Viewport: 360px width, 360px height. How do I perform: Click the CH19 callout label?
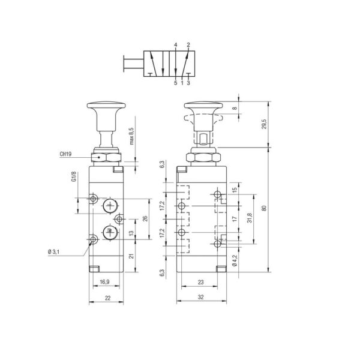coord(65,154)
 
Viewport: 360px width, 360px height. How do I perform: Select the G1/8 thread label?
coord(74,177)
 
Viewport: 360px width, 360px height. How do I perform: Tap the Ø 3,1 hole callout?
coord(54,252)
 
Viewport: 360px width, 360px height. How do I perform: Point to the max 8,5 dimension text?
coord(131,136)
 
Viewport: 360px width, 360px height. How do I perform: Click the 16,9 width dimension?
coord(104,282)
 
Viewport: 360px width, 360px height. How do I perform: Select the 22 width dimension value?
coord(107,298)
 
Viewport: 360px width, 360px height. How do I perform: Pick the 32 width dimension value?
coord(200,297)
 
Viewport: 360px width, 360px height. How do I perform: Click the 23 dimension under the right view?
coord(200,282)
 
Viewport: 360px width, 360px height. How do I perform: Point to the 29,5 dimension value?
coord(264,124)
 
